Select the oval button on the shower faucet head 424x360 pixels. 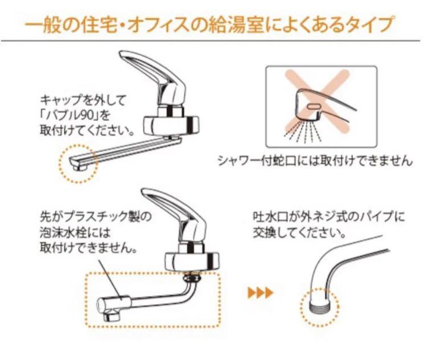point(312,107)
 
